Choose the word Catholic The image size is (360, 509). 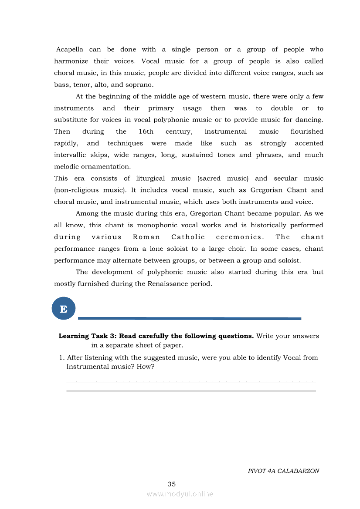click(x=188, y=237)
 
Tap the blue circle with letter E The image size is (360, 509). click(x=64, y=309)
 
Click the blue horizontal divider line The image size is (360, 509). click(x=190, y=318)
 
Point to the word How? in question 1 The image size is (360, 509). click(x=146, y=367)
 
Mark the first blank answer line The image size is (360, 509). click(x=191, y=381)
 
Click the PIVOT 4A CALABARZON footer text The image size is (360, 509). click(x=283, y=471)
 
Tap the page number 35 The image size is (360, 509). click(x=171, y=484)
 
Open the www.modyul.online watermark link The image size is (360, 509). click(x=180, y=494)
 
